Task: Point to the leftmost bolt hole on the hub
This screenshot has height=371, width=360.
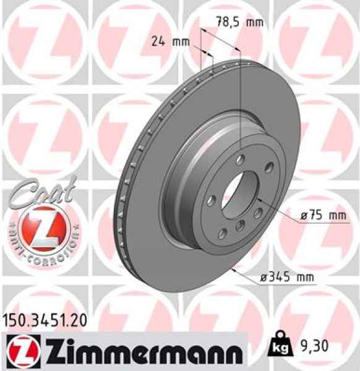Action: pyautogui.click(x=212, y=201)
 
